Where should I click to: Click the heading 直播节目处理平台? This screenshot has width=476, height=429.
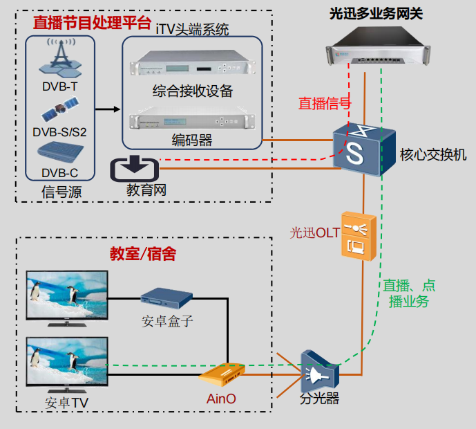click(x=92, y=23)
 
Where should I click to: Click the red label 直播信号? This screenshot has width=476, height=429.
click(x=324, y=104)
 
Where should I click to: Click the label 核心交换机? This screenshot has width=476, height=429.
click(x=433, y=154)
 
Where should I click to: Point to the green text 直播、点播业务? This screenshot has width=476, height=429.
click(x=409, y=293)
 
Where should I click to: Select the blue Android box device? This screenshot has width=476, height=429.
click(x=166, y=298)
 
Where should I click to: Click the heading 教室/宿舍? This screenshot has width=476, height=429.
click(x=143, y=254)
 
